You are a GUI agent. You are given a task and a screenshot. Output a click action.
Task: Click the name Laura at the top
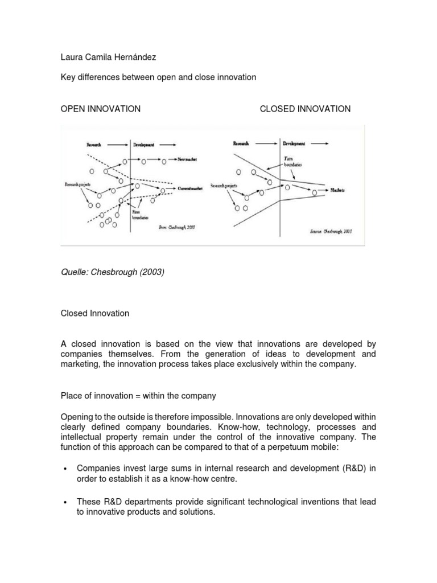[x=72, y=58]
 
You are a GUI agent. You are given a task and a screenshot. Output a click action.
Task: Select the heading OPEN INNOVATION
[x=101, y=109]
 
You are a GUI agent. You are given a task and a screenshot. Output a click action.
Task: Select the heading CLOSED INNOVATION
[x=305, y=109]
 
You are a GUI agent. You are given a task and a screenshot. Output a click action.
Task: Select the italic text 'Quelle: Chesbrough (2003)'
[x=112, y=272]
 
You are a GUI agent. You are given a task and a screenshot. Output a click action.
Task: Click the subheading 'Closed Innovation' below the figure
[x=95, y=313]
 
